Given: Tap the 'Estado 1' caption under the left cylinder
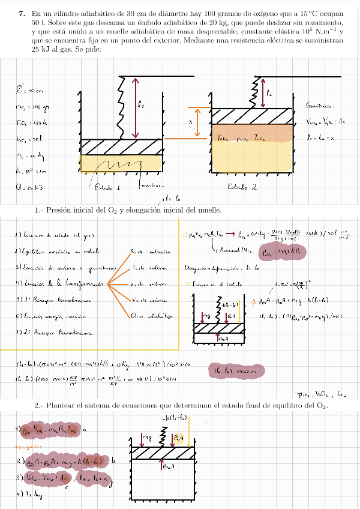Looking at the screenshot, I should (x=108, y=187).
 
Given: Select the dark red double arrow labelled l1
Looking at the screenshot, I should (x=137, y=107).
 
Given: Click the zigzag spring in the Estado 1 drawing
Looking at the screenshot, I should (x=120, y=108).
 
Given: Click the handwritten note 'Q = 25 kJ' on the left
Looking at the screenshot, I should (x=28, y=188).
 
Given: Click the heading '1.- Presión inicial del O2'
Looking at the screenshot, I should (x=128, y=209).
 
